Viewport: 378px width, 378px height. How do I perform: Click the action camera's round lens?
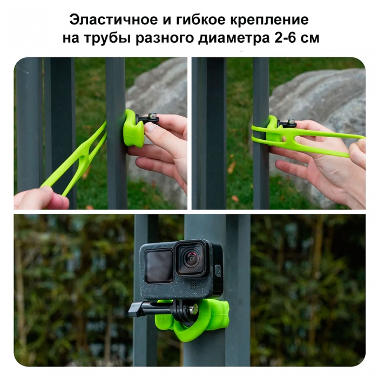[191, 259]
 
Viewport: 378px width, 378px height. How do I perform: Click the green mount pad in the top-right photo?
[273, 130]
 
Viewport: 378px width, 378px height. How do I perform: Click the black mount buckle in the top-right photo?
[287, 124]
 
